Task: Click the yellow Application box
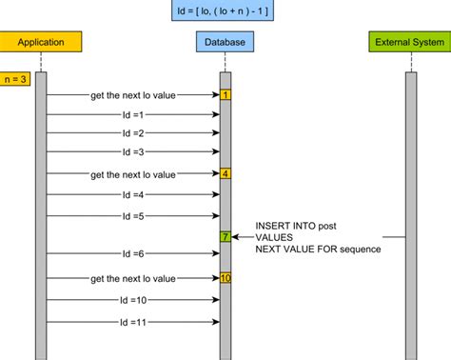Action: tap(41, 42)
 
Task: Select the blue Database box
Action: tap(225, 42)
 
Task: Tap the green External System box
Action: tap(409, 42)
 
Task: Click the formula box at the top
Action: tap(225, 12)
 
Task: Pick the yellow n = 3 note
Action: tap(15, 79)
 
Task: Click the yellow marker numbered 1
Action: tap(225, 95)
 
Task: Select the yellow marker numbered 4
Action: tap(225, 174)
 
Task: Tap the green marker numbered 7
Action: tap(225, 236)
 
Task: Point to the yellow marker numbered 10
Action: tap(225, 278)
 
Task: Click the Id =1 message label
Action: tap(133, 115)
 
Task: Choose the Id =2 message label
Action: tap(133, 133)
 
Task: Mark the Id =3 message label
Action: tap(133, 151)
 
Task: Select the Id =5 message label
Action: tap(133, 216)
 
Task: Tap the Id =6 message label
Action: tap(133, 254)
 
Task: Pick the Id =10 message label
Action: tap(133, 300)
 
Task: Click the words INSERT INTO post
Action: tap(295, 226)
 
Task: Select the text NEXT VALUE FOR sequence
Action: tap(317, 250)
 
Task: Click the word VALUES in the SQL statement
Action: tap(275, 238)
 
